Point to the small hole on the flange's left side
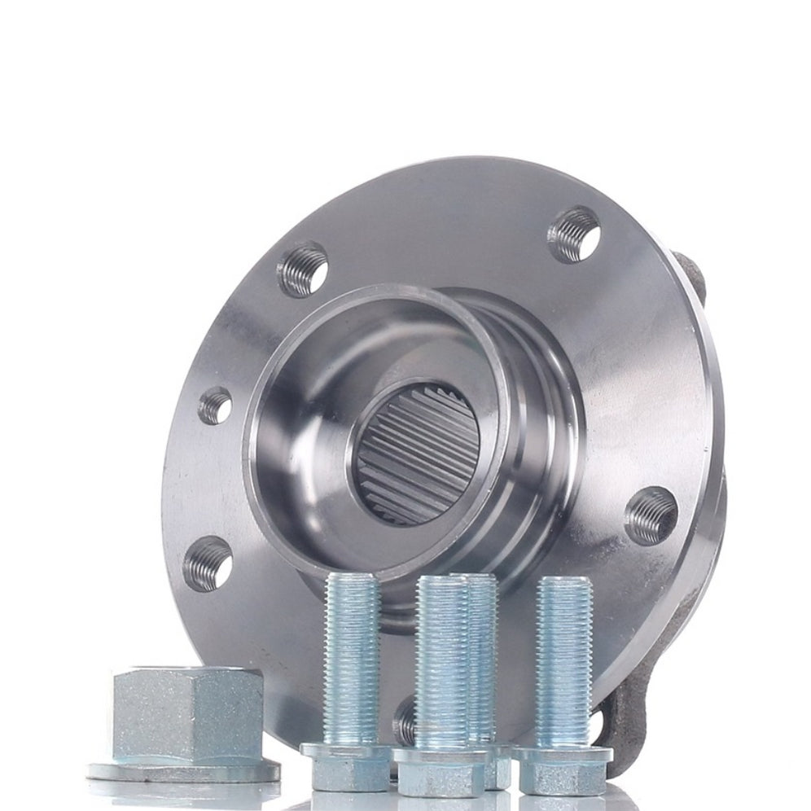[215, 405]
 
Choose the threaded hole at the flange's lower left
[207, 562]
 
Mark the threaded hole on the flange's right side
[651, 515]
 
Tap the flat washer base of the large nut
[182, 769]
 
